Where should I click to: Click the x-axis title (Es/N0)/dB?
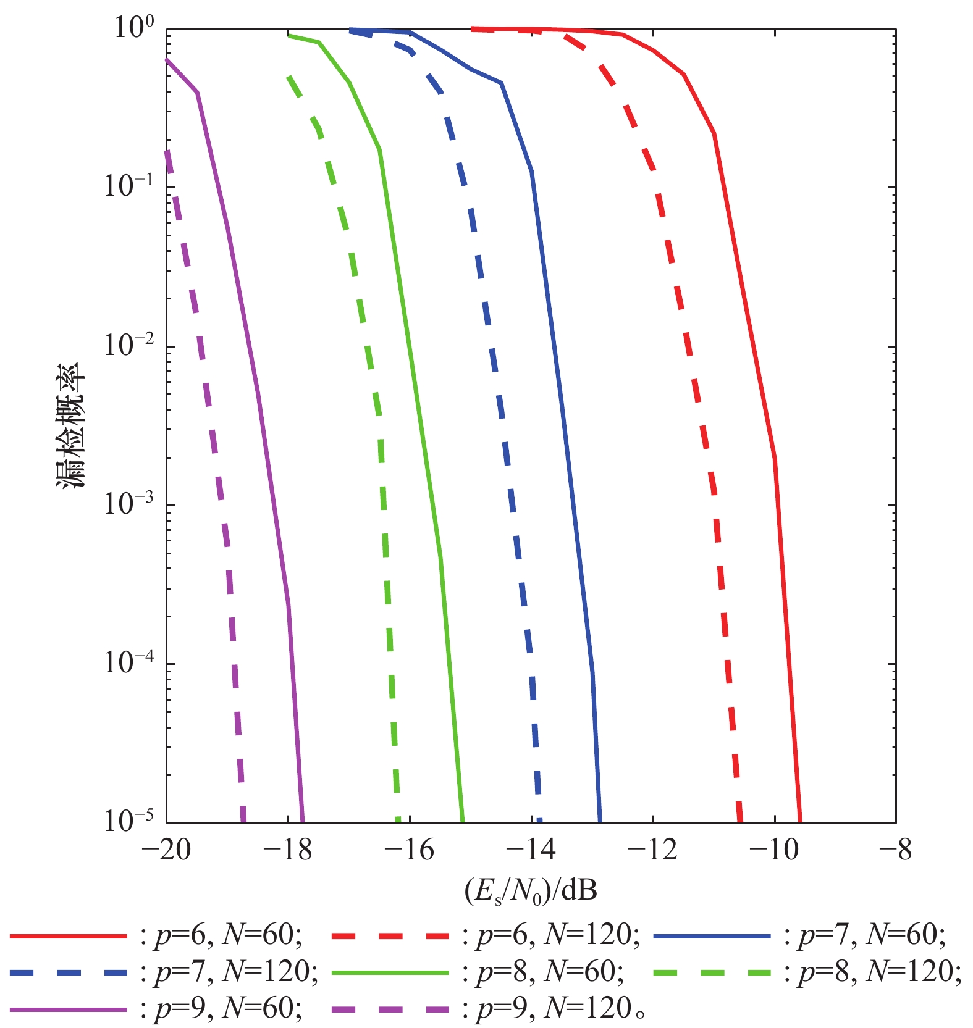pyautogui.click(x=531, y=891)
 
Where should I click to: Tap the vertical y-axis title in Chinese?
pyautogui.click(x=72, y=426)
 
